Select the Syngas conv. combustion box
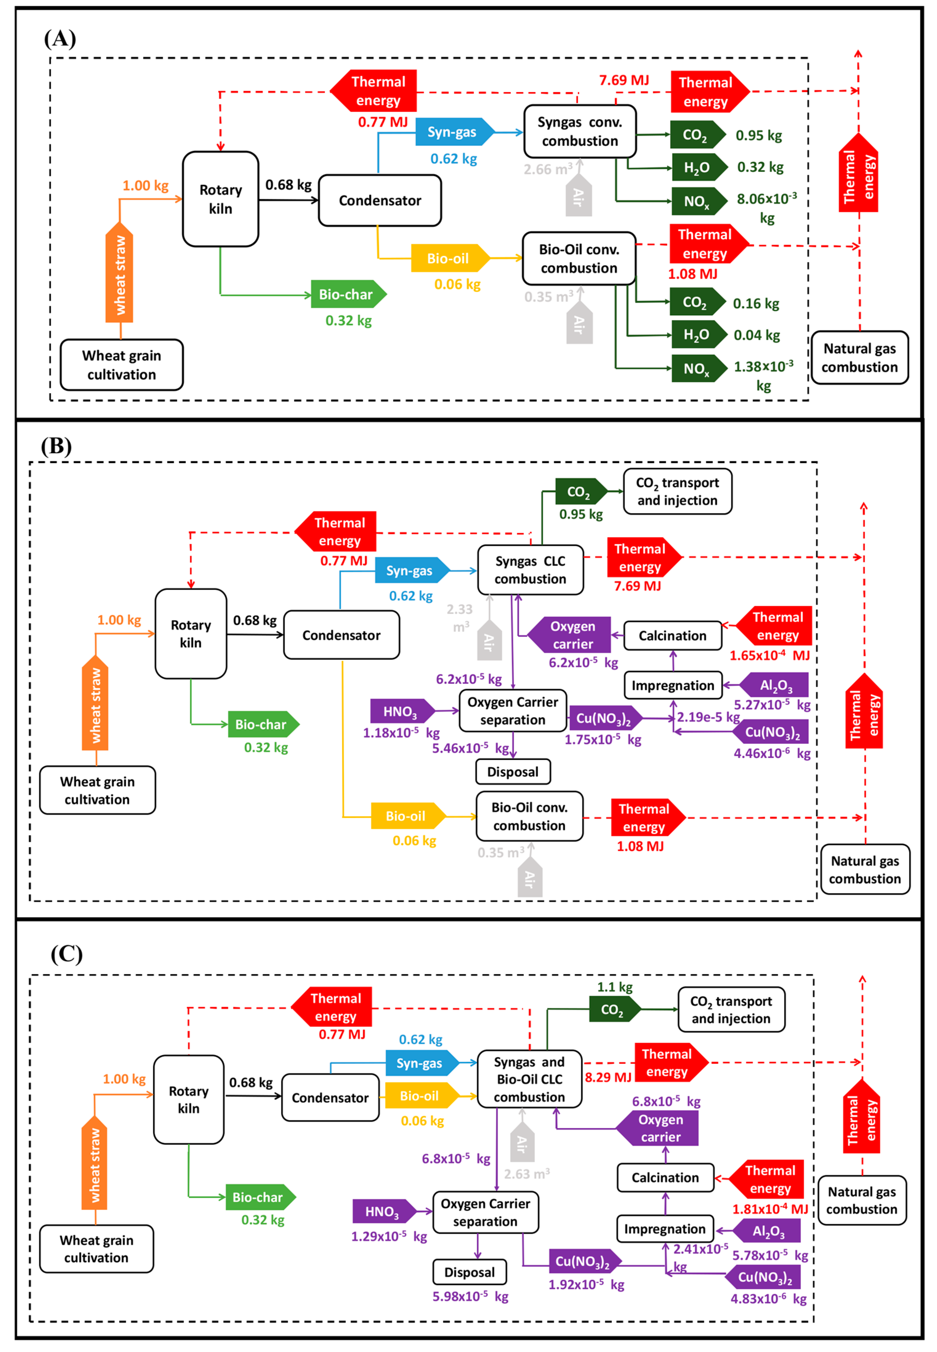pyautogui.click(x=579, y=131)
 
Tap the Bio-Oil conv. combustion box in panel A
pyautogui.click(x=579, y=258)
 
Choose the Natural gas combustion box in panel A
pyautogui.click(x=859, y=358)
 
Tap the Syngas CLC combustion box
pyautogui.click(x=530, y=570)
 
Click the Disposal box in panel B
pyautogui.click(x=513, y=772)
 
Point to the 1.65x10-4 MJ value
pyautogui.click(x=769, y=656)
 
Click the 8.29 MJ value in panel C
pyautogui.click(x=608, y=1077)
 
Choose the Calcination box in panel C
pyautogui.click(x=665, y=1177)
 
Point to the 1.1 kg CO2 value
pyautogui.click(x=615, y=987)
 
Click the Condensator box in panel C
pyautogui.click(x=330, y=1098)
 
